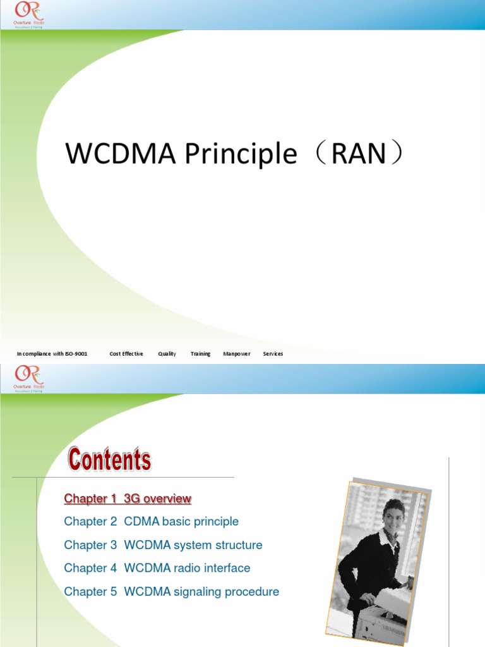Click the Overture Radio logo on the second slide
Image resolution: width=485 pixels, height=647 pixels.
(x=28, y=378)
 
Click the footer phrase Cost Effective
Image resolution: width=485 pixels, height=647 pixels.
(x=126, y=354)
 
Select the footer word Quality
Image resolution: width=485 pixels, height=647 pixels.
(x=167, y=354)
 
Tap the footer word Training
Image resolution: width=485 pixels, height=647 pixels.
(x=200, y=354)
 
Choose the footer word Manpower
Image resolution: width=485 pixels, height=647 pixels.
(x=237, y=354)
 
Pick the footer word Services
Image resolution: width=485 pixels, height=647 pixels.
(x=273, y=354)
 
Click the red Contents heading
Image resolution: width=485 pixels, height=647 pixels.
(x=110, y=459)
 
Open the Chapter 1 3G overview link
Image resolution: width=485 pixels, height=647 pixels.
(x=128, y=499)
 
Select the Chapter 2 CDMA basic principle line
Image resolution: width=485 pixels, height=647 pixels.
(x=152, y=522)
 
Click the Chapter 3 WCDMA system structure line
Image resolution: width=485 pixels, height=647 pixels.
(x=163, y=545)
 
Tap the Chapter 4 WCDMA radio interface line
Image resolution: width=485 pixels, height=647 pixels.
(x=157, y=568)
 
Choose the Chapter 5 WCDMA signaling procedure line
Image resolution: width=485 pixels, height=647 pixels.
(x=171, y=592)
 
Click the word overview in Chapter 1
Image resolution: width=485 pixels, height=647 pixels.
(x=167, y=499)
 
